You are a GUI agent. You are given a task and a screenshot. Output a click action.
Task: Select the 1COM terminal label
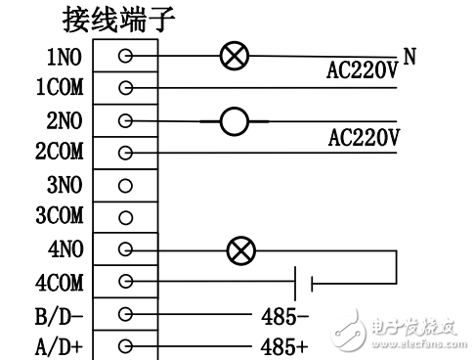pyautogui.click(x=60, y=89)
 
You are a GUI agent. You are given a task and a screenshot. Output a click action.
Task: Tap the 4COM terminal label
pyautogui.click(x=60, y=283)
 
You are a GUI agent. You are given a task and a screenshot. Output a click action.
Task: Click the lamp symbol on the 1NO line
pyautogui.click(x=233, y=57)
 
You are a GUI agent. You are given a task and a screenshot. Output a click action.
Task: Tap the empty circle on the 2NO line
pyautogui.click(x=234, y=121)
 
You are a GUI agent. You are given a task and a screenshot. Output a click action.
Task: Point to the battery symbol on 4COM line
pyautogui.click(x=301, y=284)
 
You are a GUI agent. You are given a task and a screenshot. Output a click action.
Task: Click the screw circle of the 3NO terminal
pyautogui.click(x=125, y=185)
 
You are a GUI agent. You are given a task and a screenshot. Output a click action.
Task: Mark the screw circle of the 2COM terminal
pyautogui.click(x=125, y=154)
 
